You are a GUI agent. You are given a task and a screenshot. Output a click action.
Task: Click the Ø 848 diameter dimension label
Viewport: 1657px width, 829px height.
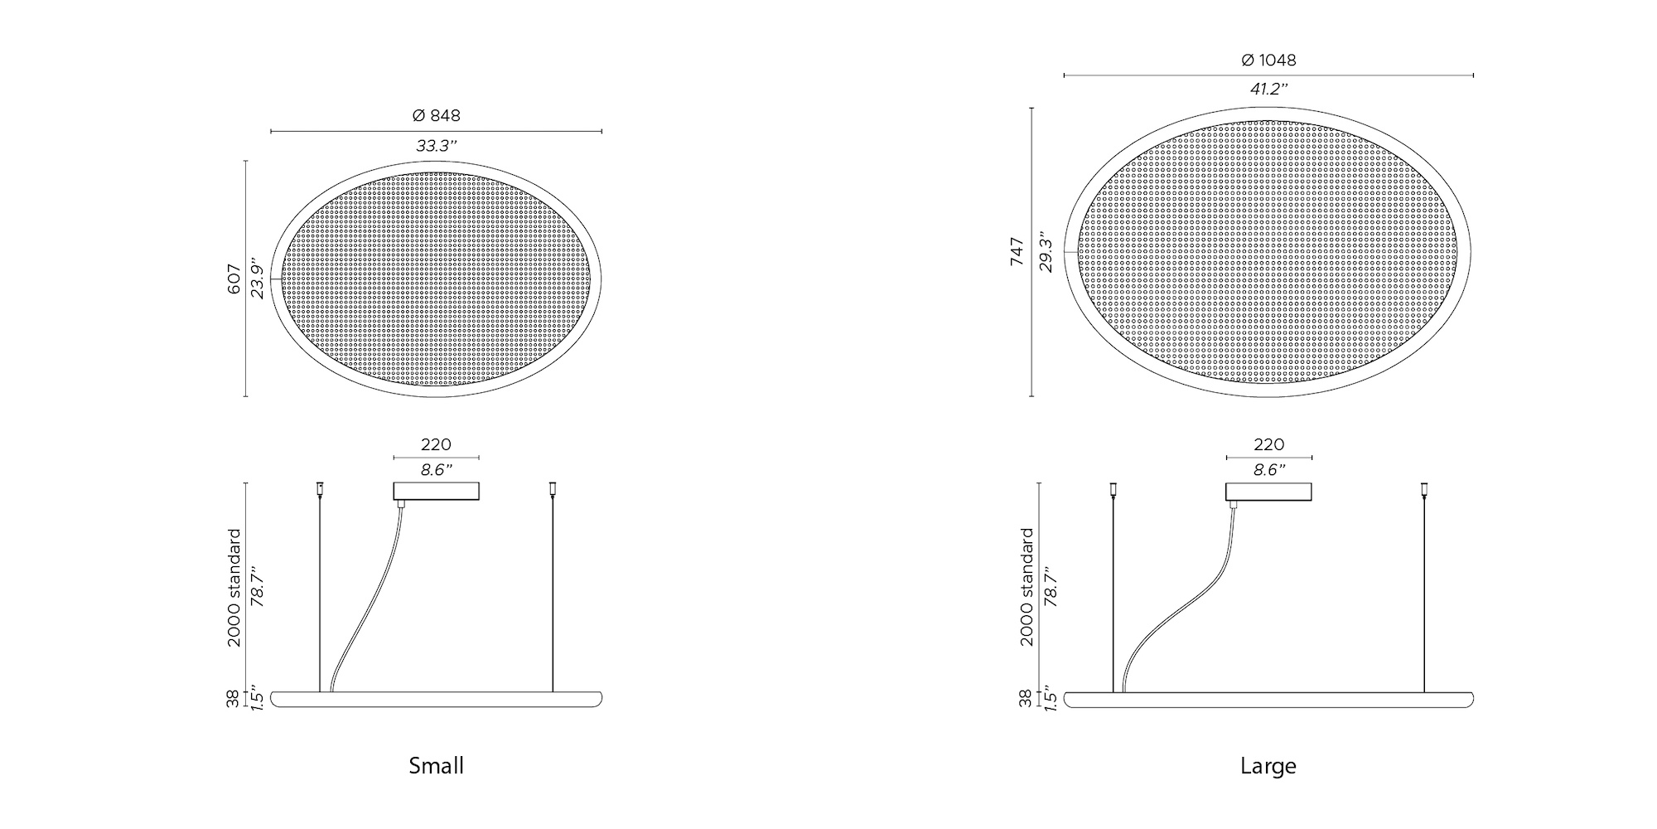pos(436,115)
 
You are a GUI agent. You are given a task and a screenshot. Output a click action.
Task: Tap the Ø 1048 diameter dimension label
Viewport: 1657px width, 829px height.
pos(1268,60)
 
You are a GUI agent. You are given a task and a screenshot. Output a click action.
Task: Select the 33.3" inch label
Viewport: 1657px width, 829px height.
pos(437,146)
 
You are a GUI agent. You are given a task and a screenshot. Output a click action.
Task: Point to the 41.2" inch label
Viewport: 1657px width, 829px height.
pos(1268,90)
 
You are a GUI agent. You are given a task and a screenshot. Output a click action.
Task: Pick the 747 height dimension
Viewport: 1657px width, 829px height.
pos(1017,252)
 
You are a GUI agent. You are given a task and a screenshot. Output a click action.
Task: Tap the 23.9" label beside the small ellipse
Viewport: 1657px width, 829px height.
pos(259,279)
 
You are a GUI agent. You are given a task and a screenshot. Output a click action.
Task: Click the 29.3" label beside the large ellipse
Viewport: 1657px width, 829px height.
pos(1046,252)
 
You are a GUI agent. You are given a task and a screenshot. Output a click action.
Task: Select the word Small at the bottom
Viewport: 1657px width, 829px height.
pos(436,765)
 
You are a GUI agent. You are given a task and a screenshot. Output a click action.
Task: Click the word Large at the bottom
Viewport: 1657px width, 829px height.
pos(1268,766)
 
